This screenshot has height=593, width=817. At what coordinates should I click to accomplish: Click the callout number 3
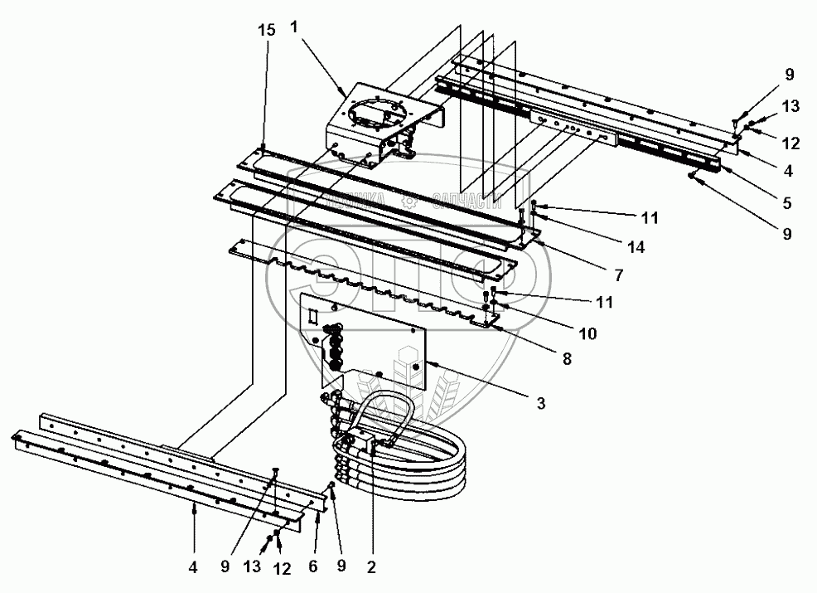click(539, 404)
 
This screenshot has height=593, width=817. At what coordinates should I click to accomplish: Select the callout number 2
click(371, 568)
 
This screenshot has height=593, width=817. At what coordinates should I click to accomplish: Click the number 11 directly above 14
click(649, 219)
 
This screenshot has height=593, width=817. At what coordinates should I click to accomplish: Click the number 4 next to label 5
click(787, 173)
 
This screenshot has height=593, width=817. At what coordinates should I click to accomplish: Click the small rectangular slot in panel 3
click(313, 317)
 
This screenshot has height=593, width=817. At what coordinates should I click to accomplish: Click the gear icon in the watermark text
click(407, 200)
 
